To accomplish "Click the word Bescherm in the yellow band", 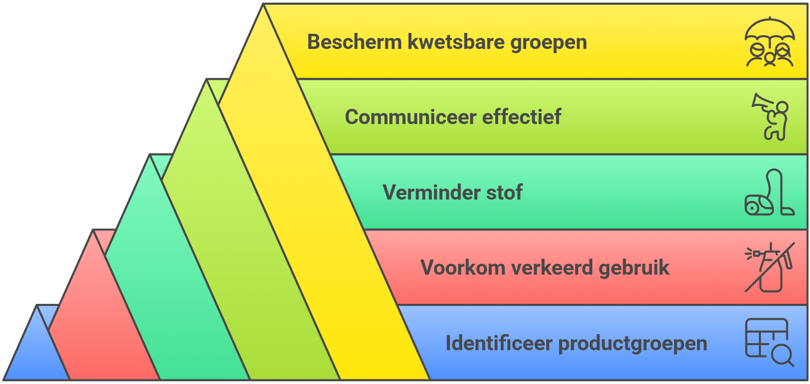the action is (355, 42).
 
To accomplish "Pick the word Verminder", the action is (431, 192).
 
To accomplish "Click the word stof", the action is (505, 192).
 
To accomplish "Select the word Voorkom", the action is (463, 268).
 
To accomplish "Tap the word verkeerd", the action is (552, 268).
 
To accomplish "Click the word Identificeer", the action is (499, 343).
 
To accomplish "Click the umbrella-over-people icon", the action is (769, 42).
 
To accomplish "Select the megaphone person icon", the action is (770, 117).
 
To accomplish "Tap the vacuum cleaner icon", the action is (769, 192).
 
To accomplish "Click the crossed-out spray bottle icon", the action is (769, 268).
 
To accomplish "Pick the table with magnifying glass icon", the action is (769, 342).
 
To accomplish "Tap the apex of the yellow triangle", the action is (263, 4).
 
